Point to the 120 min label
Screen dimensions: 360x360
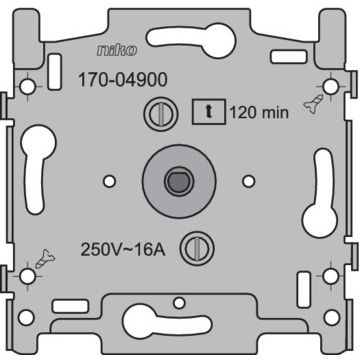259,113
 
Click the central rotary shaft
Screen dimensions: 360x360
180,181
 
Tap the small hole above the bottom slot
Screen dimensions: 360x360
180,300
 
